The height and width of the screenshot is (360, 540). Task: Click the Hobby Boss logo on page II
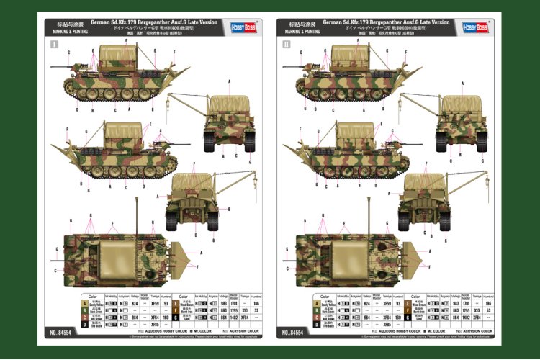(476, 27)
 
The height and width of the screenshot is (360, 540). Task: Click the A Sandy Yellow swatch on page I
(93, 304)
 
